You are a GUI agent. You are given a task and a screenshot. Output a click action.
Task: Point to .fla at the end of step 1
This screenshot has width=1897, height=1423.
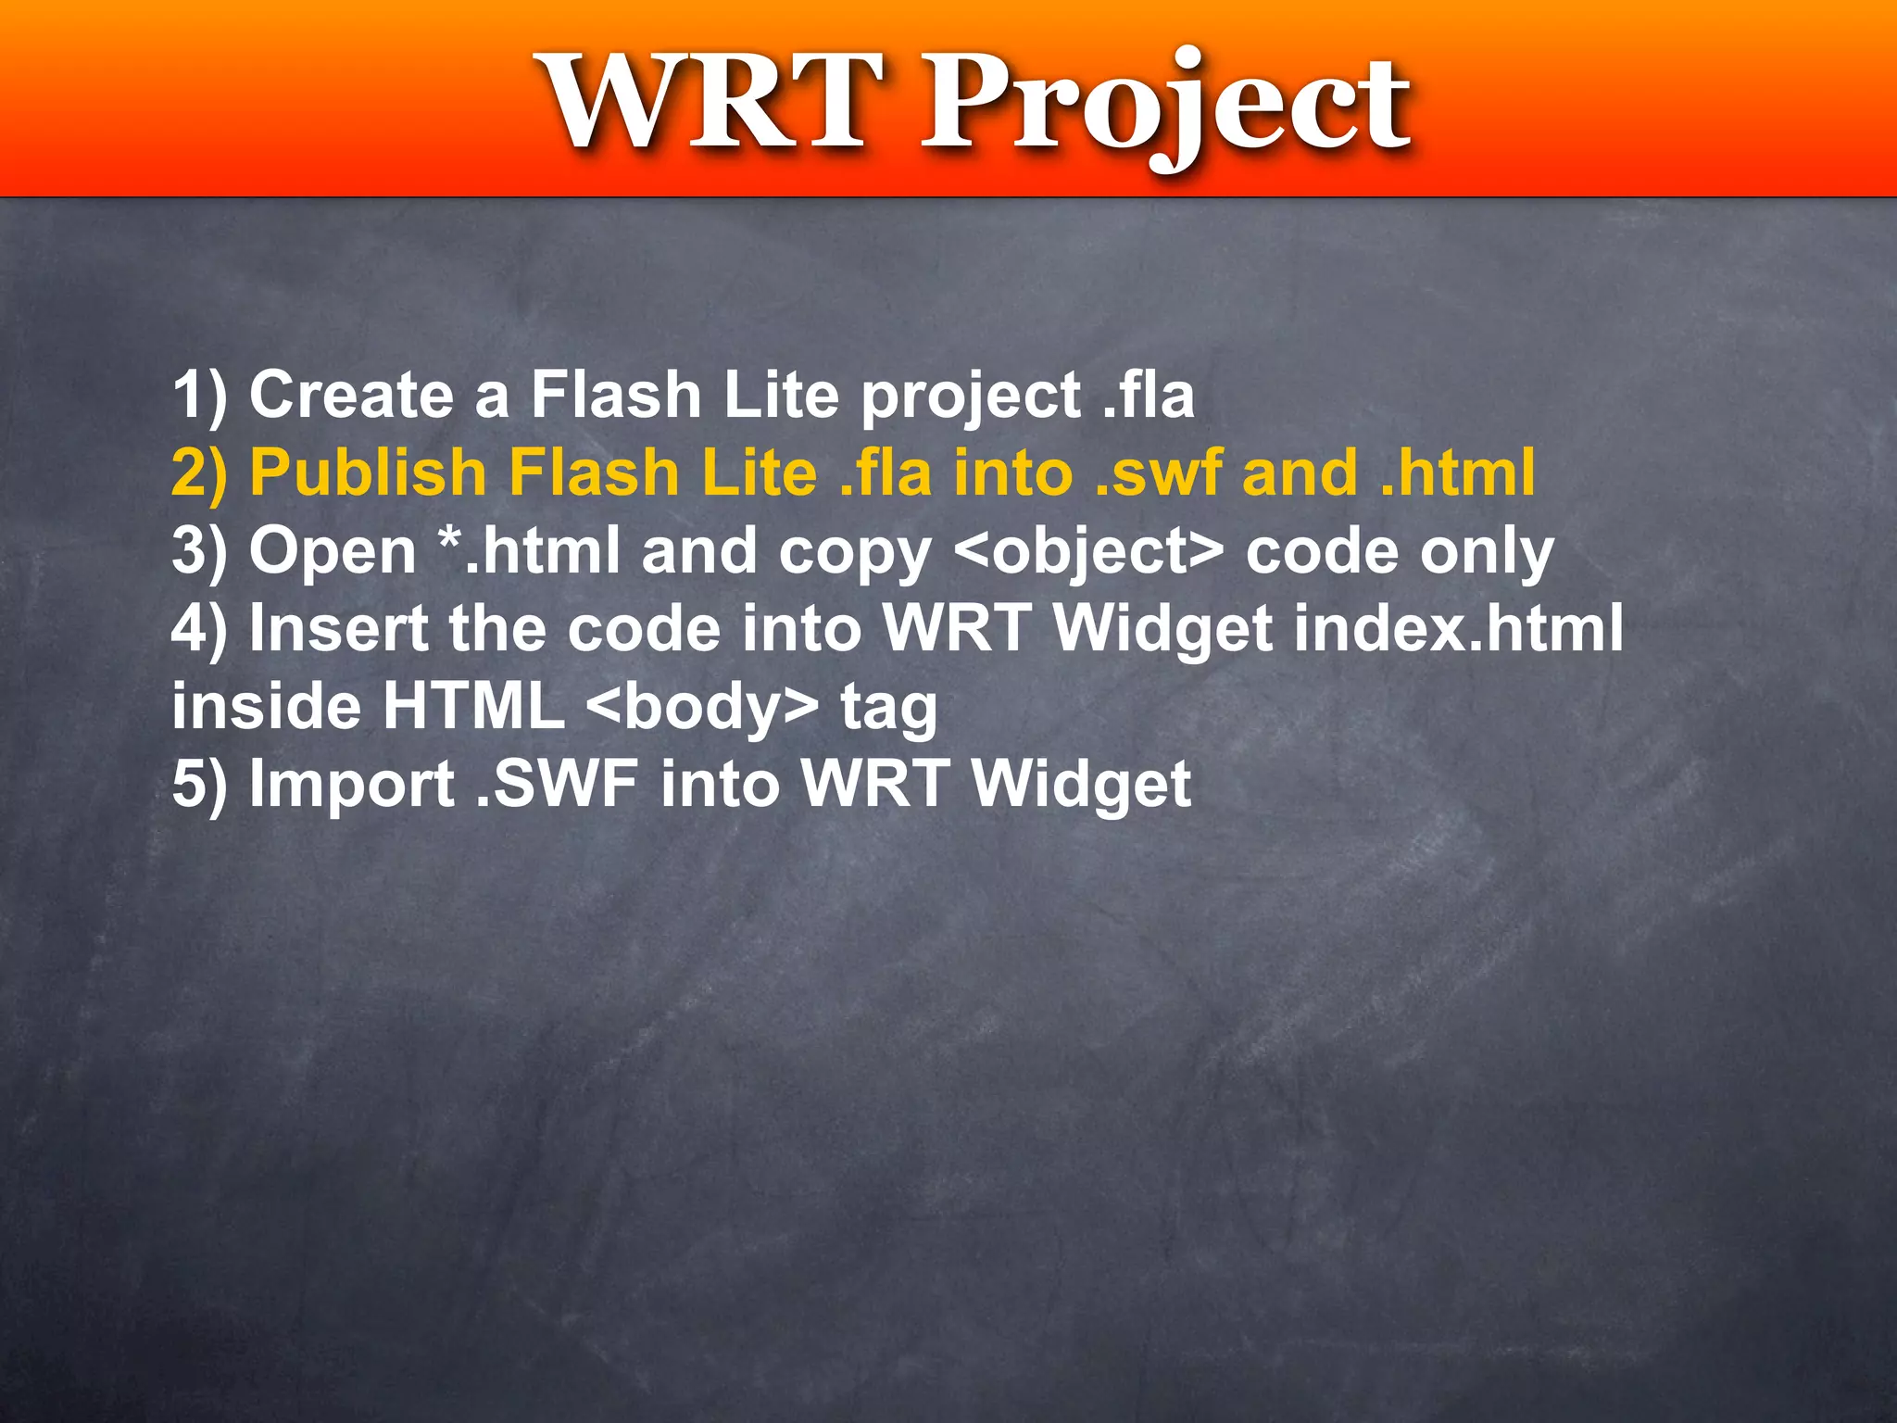pyautogui.click(x=1149, y=395)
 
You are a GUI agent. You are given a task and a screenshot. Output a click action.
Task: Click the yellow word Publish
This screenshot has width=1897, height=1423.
pyautogui.click(x=369, y=472)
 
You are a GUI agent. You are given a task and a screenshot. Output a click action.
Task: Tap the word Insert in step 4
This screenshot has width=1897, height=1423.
pyautogui.click(x=338, y=629)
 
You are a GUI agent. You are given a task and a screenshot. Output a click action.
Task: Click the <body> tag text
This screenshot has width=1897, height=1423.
pyautogui.click(x=703, y=707)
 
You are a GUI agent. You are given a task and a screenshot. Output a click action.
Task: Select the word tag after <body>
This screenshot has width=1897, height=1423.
pyautogui.click(x=888, y=709)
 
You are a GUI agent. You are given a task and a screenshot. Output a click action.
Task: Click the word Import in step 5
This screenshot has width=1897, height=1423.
pyautogui.click(x=352, y=786)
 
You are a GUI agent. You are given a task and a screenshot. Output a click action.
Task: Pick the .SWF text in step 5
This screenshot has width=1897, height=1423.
pyautogui.click(x=557, y=785)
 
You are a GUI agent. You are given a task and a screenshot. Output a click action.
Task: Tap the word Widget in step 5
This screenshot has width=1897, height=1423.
pyautogui.click(x=1082, y=786)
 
